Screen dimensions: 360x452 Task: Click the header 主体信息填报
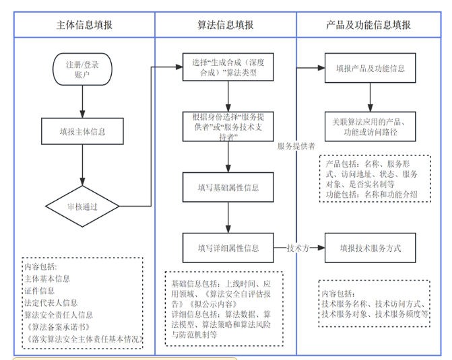pos(84,26)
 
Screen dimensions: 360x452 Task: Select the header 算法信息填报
pos(226,26)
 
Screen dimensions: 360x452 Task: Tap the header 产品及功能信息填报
pos(368,26)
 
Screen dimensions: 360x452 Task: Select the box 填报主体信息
pos(82,131)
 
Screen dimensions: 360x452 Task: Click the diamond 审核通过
pos(82,207)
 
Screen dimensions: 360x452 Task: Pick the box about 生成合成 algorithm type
pos(229,68)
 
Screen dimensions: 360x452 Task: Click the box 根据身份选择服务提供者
pos(229,126)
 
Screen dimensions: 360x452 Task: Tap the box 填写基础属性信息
pos(229,187)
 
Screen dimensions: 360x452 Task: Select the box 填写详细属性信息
pos(229,248)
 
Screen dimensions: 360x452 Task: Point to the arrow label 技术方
pos(298,248)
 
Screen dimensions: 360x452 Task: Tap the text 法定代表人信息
pos(51,303)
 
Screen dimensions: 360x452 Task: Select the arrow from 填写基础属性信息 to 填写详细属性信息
pos(229,217)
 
